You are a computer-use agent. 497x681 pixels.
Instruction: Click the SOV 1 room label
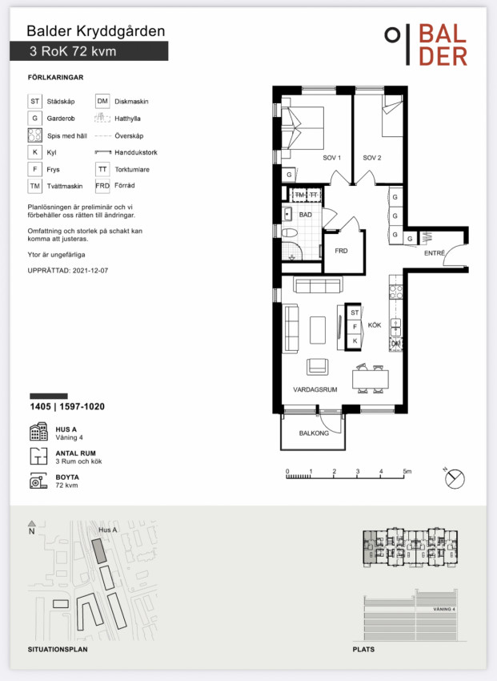[x=332, y=158]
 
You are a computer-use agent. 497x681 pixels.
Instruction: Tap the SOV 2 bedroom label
[x=372, y=158]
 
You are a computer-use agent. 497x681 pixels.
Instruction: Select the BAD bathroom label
[x=305, y=215]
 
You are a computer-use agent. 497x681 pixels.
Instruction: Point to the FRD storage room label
[x=341, y=251]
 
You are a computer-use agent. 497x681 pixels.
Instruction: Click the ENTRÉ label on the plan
[x=435, y=252]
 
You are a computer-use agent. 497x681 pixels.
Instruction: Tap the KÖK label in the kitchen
[x=375, y=324]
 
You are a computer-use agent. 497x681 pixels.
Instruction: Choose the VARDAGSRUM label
[x=315, y=389]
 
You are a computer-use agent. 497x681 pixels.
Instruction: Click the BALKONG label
[x=314, y=433]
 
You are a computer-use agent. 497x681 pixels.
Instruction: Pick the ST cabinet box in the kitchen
[x=355, y=312]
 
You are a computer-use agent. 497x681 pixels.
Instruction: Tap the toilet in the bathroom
[x=289, y=234]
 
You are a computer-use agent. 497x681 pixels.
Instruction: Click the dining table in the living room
[x=371, y=380]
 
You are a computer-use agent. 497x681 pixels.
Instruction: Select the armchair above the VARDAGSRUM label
[x=318, y=367]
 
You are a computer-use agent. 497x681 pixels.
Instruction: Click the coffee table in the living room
[x=318, y=330]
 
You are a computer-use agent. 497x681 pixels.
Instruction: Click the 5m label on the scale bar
[x=407, y=471]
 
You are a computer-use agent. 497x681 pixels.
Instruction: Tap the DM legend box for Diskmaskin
[x=102, y=101]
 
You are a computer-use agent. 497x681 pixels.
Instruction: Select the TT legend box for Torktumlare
[x=102, y=169]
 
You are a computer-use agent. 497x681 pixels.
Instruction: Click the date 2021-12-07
[x=90, y=270]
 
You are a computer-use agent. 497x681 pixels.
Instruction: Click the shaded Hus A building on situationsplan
[x=99, y=551]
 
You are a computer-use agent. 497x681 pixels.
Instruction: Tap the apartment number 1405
[x=40, y=406]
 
